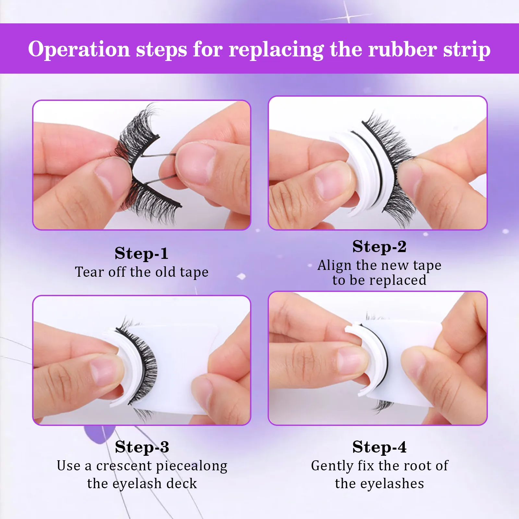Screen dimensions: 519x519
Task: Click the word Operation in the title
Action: pyautogui.click(x=79, y=49)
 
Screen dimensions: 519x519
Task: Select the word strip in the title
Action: pyautogui.click(x=467, y=50)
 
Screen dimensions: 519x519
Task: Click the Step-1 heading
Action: pyautogui.click(x=141, y=253)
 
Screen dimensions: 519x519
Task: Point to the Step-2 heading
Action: pyautogui.click(x=379, y=247)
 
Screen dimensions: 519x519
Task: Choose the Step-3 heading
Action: pyautogui.click(x=142, y=447)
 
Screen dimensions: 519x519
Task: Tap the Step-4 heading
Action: pyautogui.click(x=379, y=447)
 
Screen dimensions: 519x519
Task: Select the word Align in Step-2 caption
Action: pyautogui.click(x=334, y=265)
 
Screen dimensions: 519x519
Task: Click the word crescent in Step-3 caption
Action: pyautogui.click(x=124, y=466)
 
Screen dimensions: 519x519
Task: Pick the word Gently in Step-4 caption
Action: pyautogui.click(x=332, y=466)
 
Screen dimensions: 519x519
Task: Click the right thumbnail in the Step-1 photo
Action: pyautogui.click(x=195, y=164)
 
